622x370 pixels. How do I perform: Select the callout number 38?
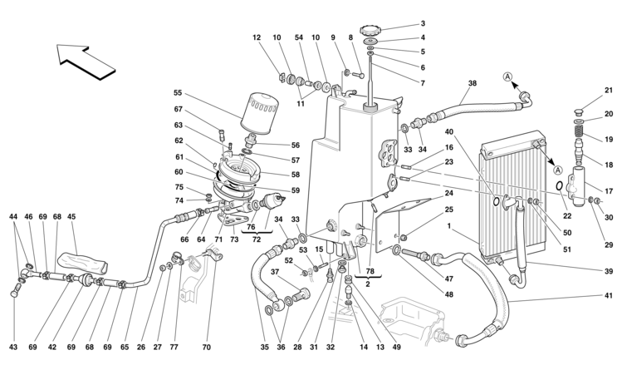[473, 84]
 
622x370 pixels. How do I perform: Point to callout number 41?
[608, 296]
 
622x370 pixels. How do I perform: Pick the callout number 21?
[608, 91]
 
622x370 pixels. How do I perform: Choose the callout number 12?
[257, 37]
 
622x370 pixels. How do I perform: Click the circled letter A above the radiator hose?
[507, 78]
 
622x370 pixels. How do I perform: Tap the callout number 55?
[178, 93]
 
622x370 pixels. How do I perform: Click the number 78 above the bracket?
[370, 273]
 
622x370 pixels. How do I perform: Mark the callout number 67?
[178, 110]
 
